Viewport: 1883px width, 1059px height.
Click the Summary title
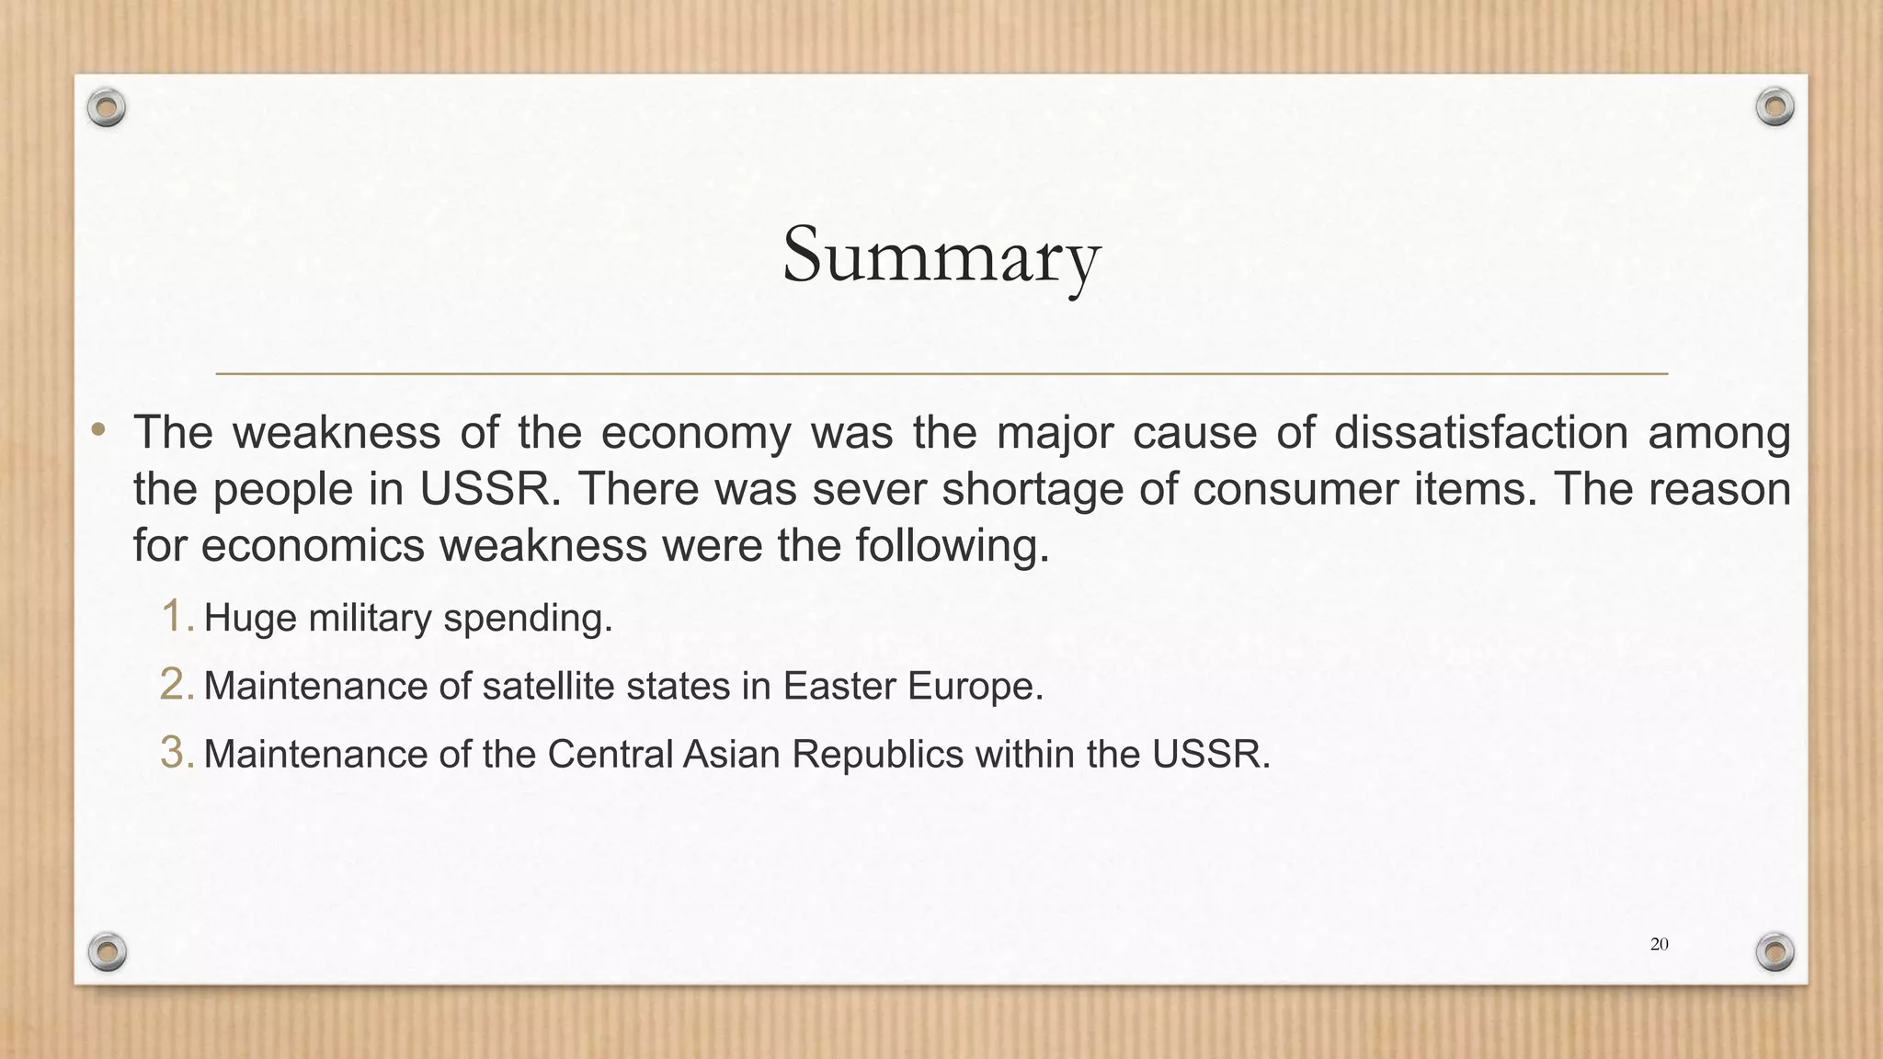coord(941,255)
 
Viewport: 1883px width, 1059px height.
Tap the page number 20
coord(1659,944)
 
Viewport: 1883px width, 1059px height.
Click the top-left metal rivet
coord(107,108)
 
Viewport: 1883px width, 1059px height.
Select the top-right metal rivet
coord(1775,108)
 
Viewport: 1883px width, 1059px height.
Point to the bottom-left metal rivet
coord(107,951)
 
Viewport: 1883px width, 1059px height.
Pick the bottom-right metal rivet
coord(1775,951)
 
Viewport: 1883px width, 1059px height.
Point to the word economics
coord(312,546)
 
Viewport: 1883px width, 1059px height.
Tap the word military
coord(370,618)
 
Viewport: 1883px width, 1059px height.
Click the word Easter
coord(839,686)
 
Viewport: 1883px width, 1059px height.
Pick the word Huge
coord(250,618)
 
